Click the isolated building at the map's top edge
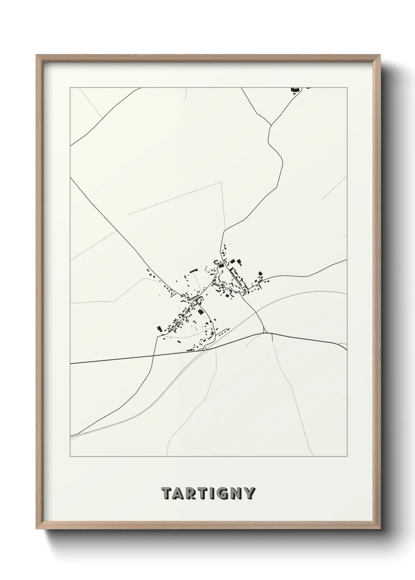coord(294,90)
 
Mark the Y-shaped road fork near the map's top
coord(271,125)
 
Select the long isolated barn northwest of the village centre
coord(193,270)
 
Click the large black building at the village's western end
coord(159,328)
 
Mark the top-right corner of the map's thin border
coord(348,88)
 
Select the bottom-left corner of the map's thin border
coord(70,457)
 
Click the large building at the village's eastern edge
coord(260,274)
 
